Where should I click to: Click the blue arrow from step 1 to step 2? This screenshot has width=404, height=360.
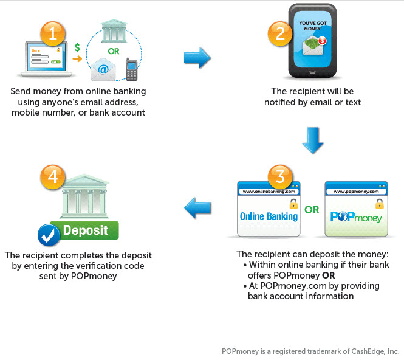(x=197, y=58)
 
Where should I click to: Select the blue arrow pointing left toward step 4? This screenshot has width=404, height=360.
(x=197, y=210)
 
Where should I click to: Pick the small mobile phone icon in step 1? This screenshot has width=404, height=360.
(x=131, y=69)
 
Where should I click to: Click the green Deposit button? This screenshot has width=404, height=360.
(x=86, y=230)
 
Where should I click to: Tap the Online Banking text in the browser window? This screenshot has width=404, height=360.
(x=269, y=216)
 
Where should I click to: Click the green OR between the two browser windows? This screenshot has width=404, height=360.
(x=312, y=210)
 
